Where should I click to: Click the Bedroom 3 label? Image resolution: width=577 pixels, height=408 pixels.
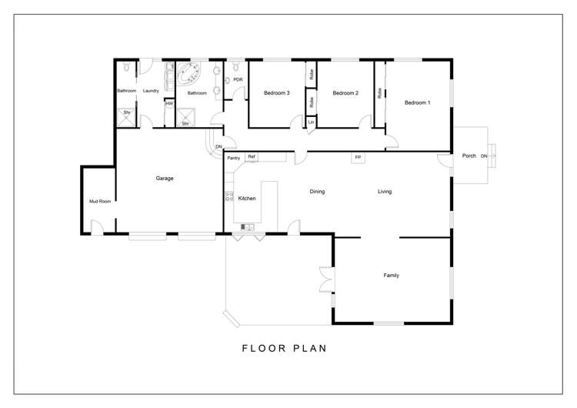coord(276,93)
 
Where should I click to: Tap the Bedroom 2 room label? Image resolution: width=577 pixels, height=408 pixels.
coord(345,93)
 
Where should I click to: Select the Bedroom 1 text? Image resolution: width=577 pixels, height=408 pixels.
coord(418,102)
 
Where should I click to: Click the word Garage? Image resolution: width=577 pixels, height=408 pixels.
coord(165,178)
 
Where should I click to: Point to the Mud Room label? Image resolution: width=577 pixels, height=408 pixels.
coord(100,202)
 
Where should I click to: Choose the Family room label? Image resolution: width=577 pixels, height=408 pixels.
coord(391,275)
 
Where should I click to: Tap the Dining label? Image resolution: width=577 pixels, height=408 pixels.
coord(317,192)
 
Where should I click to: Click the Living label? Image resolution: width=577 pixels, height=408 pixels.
coord(385,192)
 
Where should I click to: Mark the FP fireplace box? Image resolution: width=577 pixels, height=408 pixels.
coord(358,157)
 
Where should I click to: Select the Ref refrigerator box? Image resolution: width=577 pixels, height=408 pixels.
coord(251,157)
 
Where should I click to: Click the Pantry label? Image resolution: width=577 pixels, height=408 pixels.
coord(234,158)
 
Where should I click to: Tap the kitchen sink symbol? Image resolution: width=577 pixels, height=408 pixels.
coord(248,226)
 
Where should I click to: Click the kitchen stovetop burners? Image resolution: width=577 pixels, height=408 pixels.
coord(228,196)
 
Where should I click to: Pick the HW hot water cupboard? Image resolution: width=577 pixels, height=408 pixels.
coord(169,103)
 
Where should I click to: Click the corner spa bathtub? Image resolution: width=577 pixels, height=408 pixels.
coord(188,75)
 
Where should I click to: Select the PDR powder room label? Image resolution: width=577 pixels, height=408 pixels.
coord(238,79)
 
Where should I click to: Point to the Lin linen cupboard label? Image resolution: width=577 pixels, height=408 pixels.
coord(312,122)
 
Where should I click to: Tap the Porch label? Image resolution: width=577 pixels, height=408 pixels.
coord(468,156)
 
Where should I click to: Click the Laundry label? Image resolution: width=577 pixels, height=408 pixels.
coord(150,91)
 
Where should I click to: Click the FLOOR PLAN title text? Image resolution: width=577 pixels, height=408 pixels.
coord(285,348)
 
